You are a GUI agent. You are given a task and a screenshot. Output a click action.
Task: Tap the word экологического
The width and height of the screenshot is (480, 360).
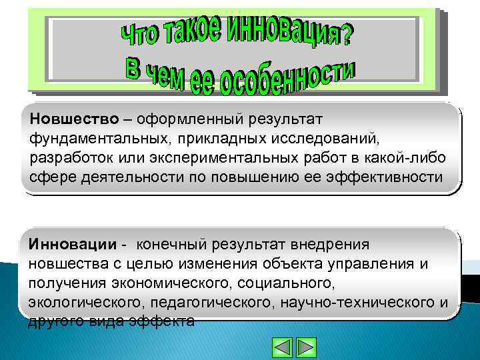[88, 303]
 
